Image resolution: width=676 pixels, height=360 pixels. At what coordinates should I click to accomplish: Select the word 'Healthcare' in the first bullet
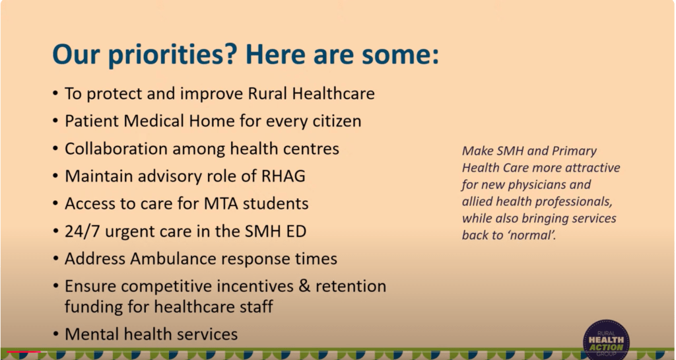click(x=333, y=94)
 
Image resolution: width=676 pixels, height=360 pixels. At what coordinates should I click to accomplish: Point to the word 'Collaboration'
click(x=116, y=149)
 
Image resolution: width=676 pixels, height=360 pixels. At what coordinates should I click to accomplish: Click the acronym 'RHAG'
click(x=283, y=176)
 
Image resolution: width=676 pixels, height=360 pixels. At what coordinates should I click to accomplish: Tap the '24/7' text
click(x=83, y=231)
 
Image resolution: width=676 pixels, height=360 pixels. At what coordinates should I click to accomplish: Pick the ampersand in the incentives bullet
click(x=304, y=286)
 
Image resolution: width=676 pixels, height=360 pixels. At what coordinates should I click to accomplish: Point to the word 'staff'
click(x=257, y=306)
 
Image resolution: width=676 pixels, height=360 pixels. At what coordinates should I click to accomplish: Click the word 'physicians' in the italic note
click(x=539, y=184)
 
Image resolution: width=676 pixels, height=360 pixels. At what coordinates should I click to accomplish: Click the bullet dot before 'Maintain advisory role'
click(x=55, y=176)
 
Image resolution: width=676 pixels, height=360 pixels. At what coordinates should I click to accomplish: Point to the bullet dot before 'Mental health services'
click(x=55, y=334)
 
